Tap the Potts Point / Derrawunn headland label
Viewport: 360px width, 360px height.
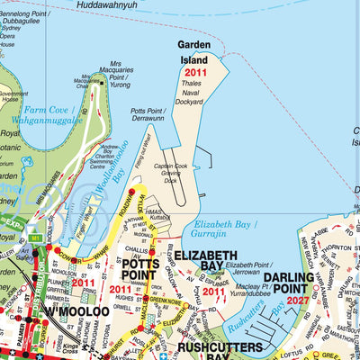[147, 112]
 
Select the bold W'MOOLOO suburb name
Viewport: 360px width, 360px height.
[76, 310]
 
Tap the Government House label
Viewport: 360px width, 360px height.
[13, 97]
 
